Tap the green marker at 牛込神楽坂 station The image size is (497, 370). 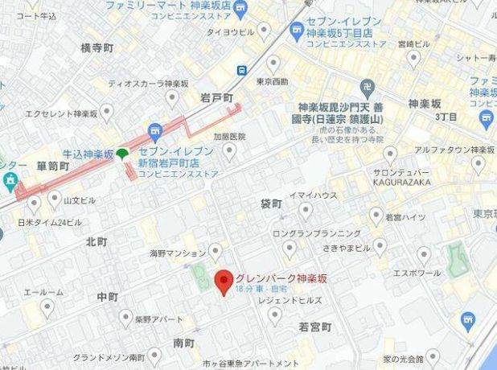coord(122,154)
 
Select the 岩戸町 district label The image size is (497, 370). coord(216,98)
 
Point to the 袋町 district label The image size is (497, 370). coord(273,203)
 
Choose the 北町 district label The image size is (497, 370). coord(97,241)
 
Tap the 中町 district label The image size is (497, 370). coord(107,297)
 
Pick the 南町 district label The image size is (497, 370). coord(184,343)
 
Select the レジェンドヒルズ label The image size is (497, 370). coord(290,300)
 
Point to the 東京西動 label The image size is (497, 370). coord(273,81)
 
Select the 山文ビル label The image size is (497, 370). coord(80,199)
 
